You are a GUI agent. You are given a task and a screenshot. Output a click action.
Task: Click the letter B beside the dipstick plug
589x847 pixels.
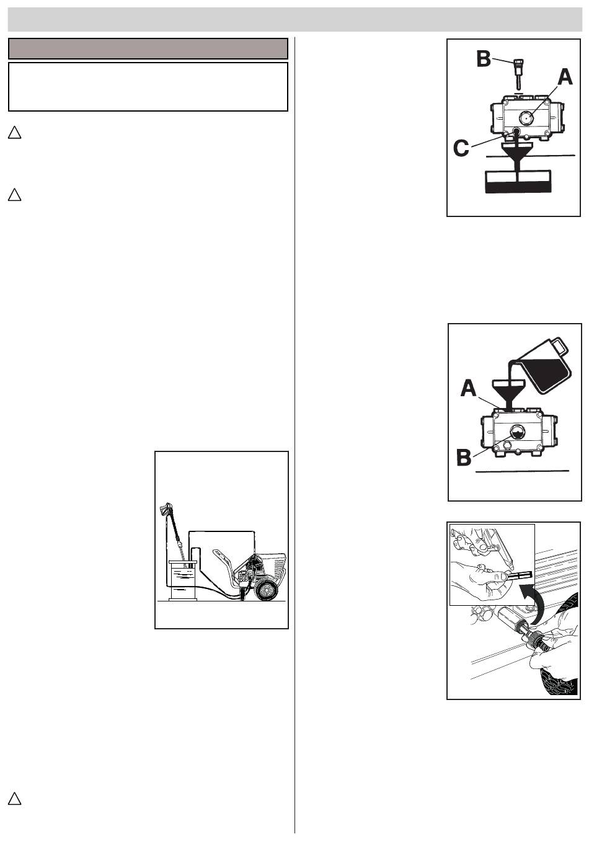[484, 60]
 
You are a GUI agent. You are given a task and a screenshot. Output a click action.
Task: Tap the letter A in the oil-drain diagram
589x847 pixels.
[565, 78]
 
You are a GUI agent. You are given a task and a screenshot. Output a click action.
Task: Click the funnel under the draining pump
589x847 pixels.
[516, 156]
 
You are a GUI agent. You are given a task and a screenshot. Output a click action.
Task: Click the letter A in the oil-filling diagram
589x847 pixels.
[468, 388]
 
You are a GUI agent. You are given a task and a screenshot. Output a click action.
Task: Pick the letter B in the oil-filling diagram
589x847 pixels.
[464, 458]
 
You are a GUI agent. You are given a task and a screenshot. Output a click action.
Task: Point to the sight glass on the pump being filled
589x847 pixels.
[516, 431]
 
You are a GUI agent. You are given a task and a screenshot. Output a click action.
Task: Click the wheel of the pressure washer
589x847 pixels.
[265, 590]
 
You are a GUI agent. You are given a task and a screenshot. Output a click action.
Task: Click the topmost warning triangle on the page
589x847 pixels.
[14, 133]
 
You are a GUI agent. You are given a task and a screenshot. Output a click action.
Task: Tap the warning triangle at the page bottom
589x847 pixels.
[14, 799]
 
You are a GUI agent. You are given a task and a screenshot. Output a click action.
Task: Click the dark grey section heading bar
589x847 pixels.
[148, 48]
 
